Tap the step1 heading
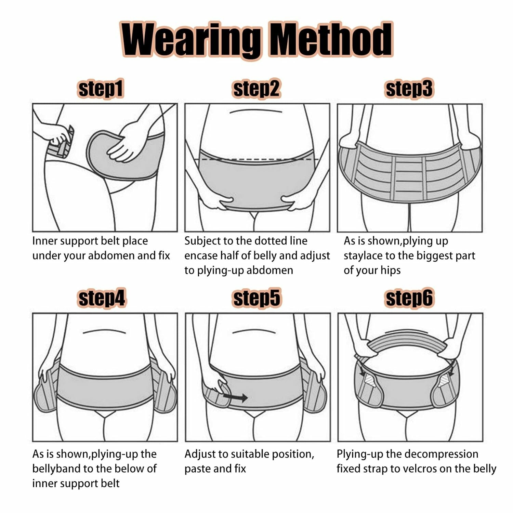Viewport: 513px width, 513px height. click(101, 89)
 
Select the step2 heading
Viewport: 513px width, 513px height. click(256, 89)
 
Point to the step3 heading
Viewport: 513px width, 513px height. click(409, 89)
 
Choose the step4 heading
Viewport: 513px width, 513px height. click(102, 298)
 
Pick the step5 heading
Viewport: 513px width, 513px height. click(256, 298)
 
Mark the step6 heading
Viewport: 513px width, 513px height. click(409, 298)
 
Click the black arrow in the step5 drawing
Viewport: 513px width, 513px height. click(235, 397)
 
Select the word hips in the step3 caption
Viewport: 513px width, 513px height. click(390, 271)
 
